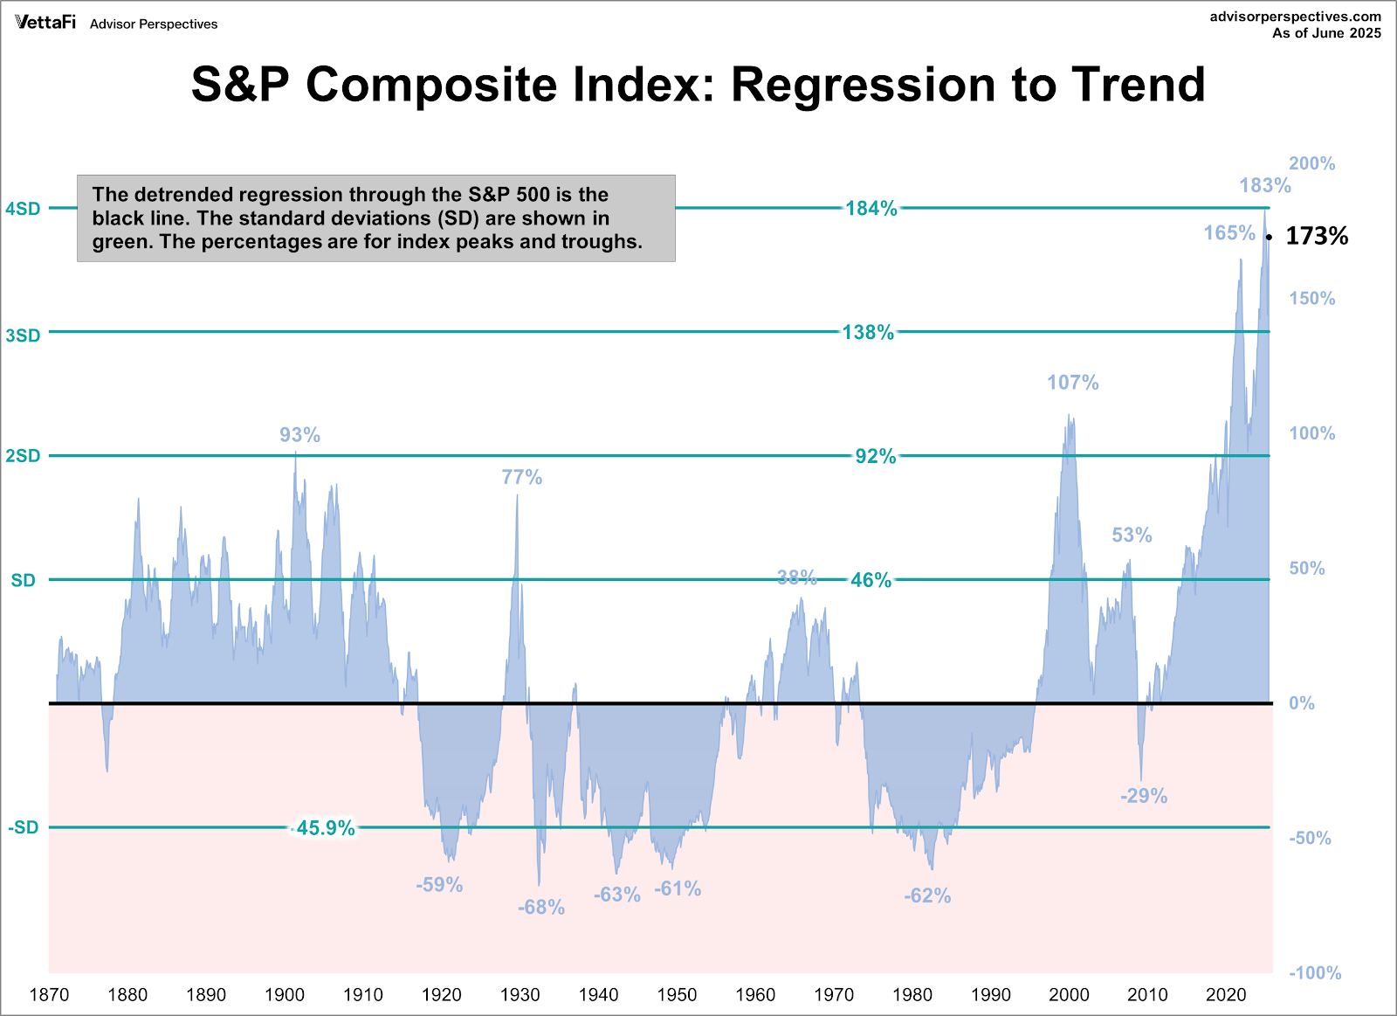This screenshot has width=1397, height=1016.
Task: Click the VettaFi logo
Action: tap(45, 22)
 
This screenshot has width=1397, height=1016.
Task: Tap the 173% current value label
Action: tap(1317, 236)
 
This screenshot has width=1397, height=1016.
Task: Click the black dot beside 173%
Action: tap(1270, 237)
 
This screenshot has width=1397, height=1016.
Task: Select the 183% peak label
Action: tap(1264, 185)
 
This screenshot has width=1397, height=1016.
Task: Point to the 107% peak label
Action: tap(1072, 383)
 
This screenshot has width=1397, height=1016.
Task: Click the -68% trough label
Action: tap(540, 908)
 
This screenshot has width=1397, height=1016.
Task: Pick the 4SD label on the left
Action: tap(23, 209)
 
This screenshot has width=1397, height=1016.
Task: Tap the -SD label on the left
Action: tap(24, 827)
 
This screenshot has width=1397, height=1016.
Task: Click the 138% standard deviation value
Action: tap(868, 332)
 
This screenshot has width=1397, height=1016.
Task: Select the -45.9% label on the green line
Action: tap(325, 828)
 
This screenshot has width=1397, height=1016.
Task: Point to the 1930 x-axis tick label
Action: tap(520, 994)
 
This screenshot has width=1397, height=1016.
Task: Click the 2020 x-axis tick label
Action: tap(1226, 994)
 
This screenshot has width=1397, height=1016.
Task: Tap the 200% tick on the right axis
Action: tap(1311, 163)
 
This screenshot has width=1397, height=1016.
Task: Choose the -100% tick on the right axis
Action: tap(1315, 973)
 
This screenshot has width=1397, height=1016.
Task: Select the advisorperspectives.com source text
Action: tap(1295, 17)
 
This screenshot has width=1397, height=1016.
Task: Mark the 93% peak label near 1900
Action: tap(299, 435)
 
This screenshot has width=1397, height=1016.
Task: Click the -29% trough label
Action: tap(1143, 796)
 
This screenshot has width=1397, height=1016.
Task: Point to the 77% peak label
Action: tap(521, 477)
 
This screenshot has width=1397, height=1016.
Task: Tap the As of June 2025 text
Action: tap(1326, 33)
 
